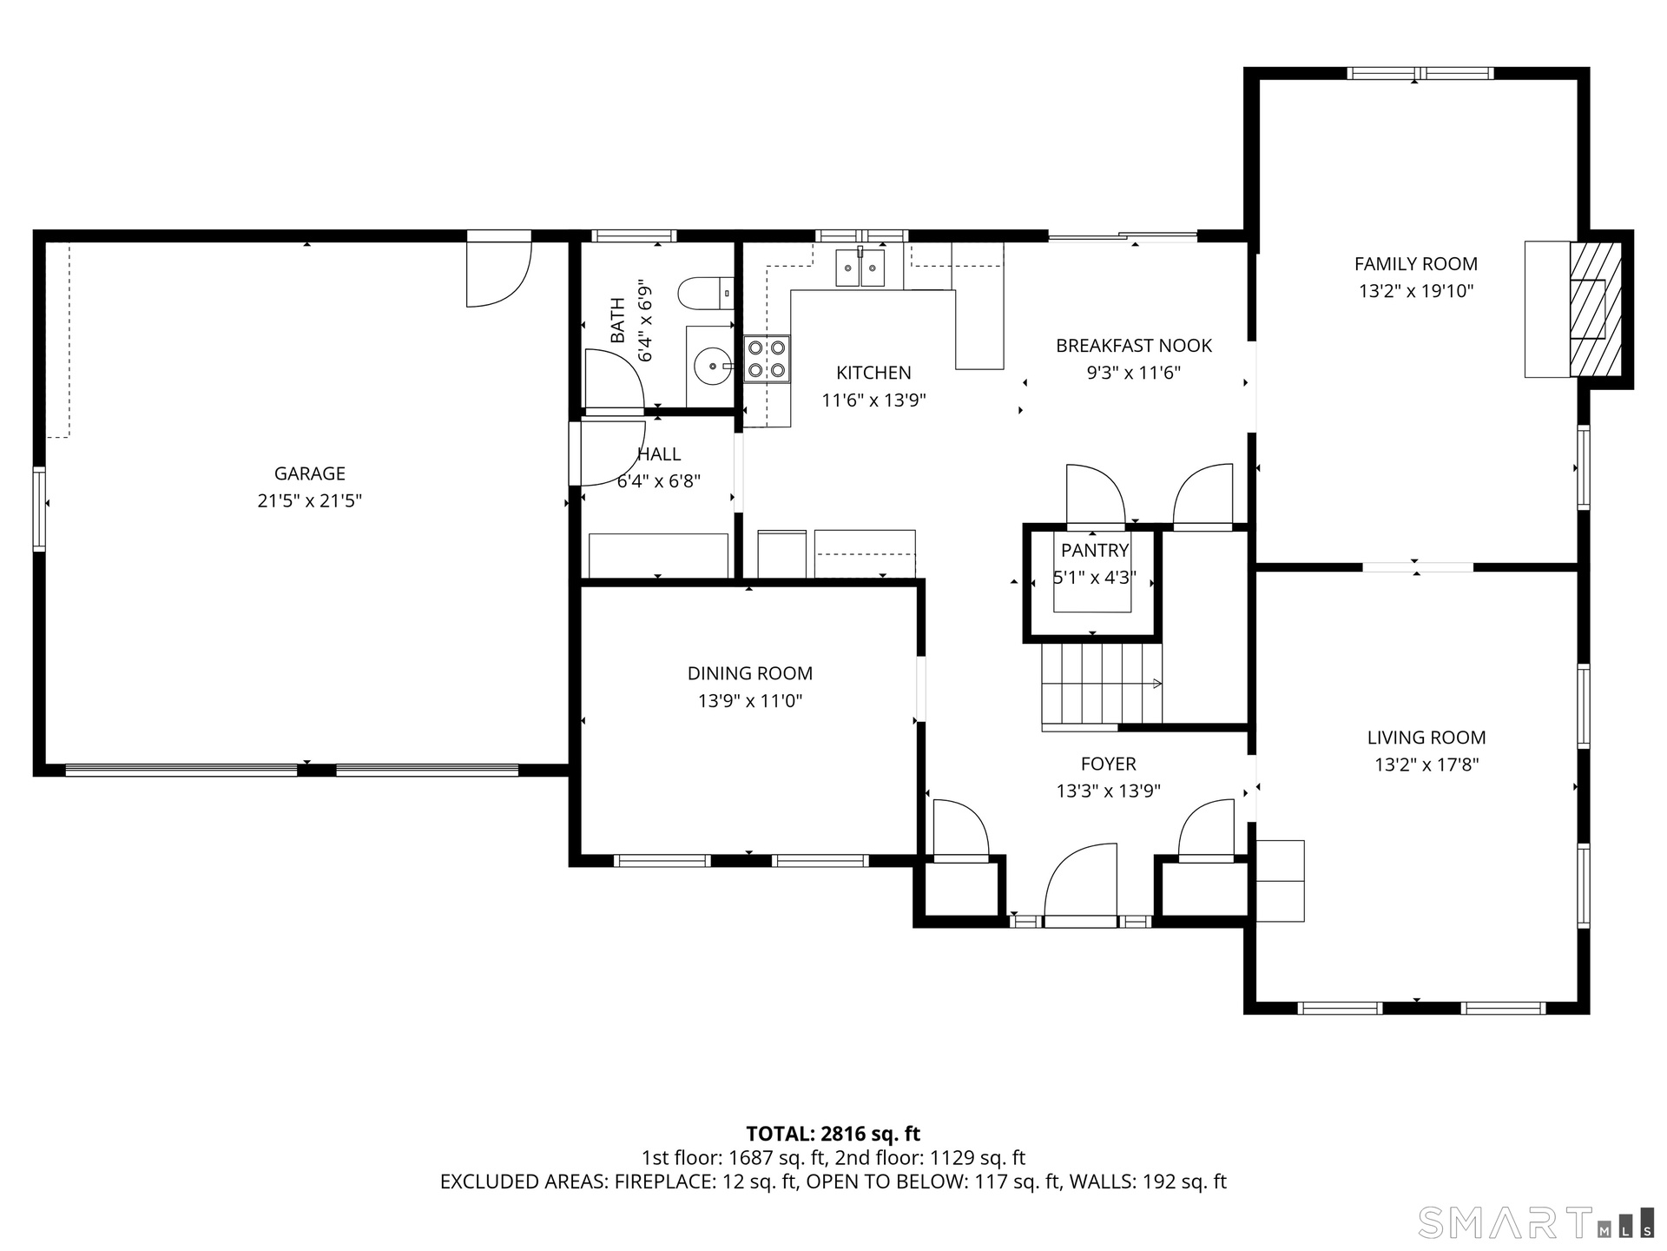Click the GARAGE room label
pos(310,473)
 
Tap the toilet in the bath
pos(706,294)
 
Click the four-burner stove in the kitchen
pos(768,359)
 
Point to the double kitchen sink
pos(860,267)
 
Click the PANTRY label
pos(1095,550)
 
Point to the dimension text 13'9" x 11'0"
pos(750,701)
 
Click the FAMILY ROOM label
pos(1416,264)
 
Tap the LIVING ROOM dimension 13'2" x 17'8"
pos(1427,764)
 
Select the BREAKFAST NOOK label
pos(1134,346)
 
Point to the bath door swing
pos(613,379)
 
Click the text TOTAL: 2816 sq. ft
pos(833,1134)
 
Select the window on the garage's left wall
pos(39,508)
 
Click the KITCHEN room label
pos(873,373)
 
